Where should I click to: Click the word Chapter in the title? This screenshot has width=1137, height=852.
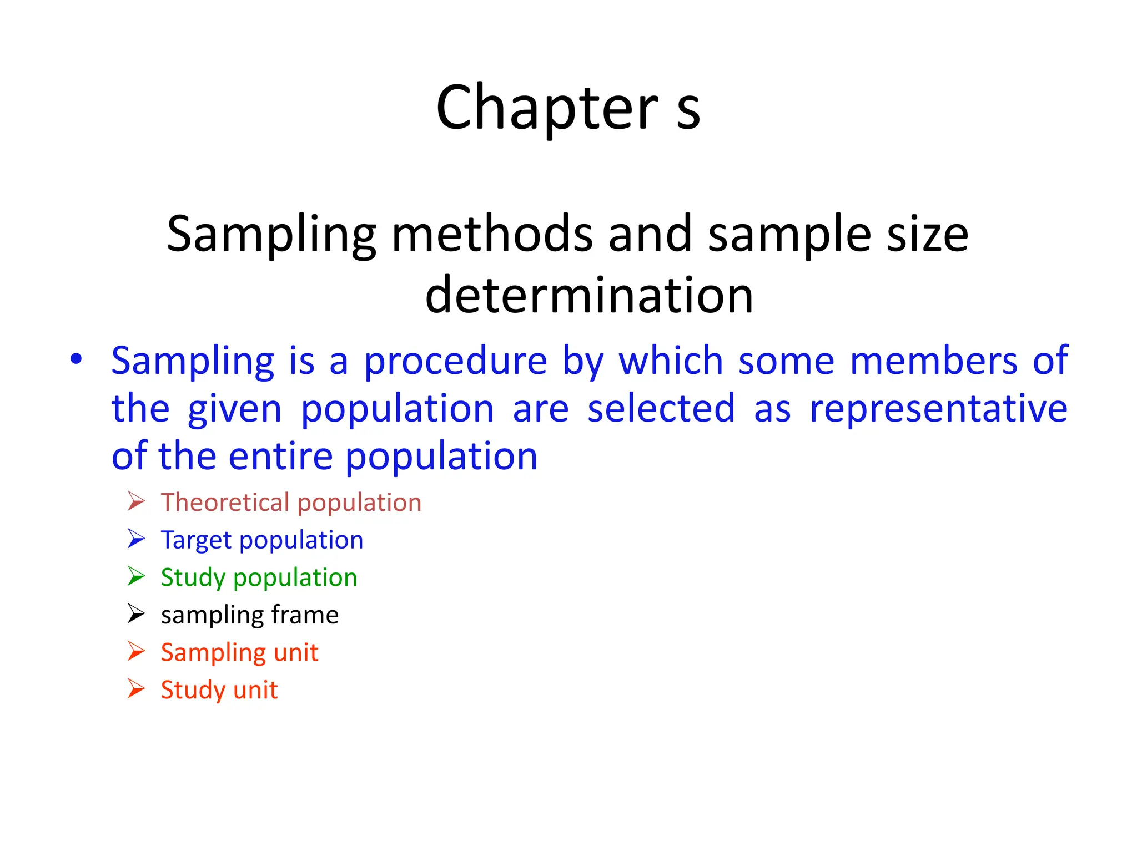547,108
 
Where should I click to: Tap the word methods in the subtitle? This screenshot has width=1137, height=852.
492,234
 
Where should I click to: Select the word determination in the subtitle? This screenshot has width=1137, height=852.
589,295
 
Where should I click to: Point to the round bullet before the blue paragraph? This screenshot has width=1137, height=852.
76,359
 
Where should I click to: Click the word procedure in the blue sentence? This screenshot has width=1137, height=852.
455,362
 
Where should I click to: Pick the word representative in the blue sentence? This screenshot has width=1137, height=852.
938,409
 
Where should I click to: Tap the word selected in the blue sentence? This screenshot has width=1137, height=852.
661,409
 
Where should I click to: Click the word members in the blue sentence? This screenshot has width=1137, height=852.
933,361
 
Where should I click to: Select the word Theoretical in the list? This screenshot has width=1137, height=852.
225,503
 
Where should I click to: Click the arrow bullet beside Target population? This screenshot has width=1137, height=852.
136,539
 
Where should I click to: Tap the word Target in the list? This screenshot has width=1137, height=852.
196,540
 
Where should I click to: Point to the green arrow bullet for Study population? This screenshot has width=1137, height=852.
136,576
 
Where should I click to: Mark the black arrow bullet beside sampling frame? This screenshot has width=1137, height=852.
136,613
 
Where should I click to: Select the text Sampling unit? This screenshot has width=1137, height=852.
239,652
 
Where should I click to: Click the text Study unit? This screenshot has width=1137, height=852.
219,690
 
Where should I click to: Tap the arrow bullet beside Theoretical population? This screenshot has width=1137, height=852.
136,501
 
